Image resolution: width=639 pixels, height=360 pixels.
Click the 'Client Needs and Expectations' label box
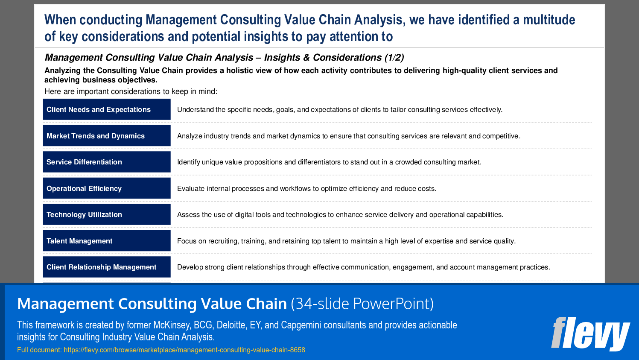pos(107,109)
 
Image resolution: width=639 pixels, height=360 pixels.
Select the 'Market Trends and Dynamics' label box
pos(107,136)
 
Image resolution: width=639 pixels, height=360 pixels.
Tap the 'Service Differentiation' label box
pos(107,162)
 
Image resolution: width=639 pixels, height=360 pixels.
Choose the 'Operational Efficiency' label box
pos(107,188)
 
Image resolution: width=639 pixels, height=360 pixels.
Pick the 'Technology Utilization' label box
pos(107,214)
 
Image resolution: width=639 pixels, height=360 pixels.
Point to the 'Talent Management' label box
pos(107,241)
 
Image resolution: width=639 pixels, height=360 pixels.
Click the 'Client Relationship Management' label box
pos(107,267)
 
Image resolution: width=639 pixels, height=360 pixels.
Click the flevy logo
pos(590,333)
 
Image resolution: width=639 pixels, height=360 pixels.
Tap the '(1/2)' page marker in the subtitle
pos(394,58)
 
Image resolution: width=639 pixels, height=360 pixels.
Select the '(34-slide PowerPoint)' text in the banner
pos(362,304)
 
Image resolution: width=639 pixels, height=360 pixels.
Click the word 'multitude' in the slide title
pos(549,20)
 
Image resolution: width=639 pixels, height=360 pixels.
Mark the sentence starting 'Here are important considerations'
pos(131,91)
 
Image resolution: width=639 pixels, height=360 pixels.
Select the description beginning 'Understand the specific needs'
pos(339,110)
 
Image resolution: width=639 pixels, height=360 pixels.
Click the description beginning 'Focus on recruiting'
pos(346,241)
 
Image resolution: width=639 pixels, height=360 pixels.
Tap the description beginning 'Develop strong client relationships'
pos(363,267)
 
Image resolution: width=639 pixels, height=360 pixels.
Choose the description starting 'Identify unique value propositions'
pos(329,162)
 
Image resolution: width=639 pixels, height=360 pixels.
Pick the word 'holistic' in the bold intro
pos(241,70)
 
